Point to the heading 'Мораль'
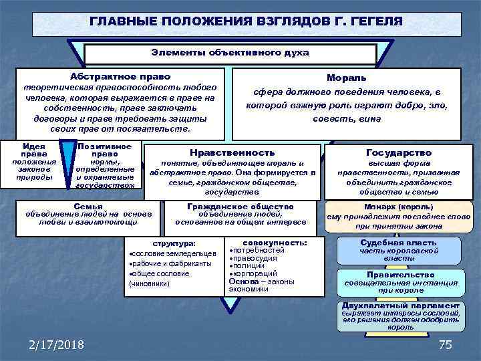[x=346, y=78]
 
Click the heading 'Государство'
[x=399, y=153]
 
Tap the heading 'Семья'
[x=88, y=207]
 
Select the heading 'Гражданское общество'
[x=240, y=207]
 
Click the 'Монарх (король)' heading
[x=399, y=207]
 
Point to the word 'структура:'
[x=174, y=244]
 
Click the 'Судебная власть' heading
[x=399, y=243]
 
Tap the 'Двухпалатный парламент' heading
[x=400, y=306]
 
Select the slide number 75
[x=445, y=345]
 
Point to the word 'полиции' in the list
[x=249, y=265]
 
